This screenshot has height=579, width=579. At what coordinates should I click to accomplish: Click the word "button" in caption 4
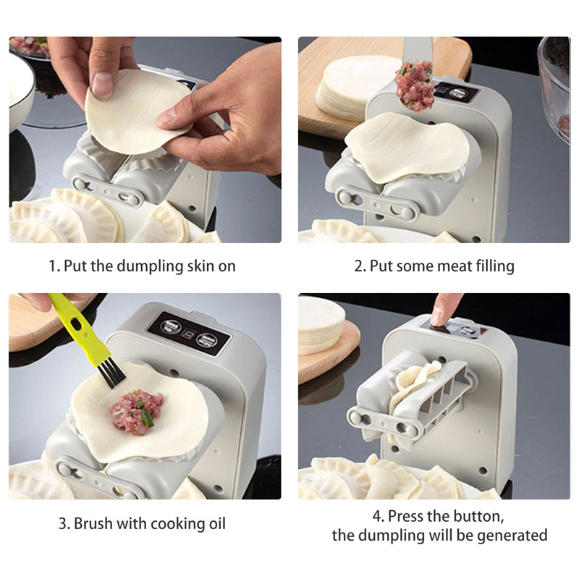click(473, 517)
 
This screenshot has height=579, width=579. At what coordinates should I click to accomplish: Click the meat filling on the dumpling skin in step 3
click(135, 410)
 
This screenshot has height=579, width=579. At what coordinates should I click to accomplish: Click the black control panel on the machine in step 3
click(188, 333)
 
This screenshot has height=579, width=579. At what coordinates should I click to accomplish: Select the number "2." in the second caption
click(360, 266)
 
